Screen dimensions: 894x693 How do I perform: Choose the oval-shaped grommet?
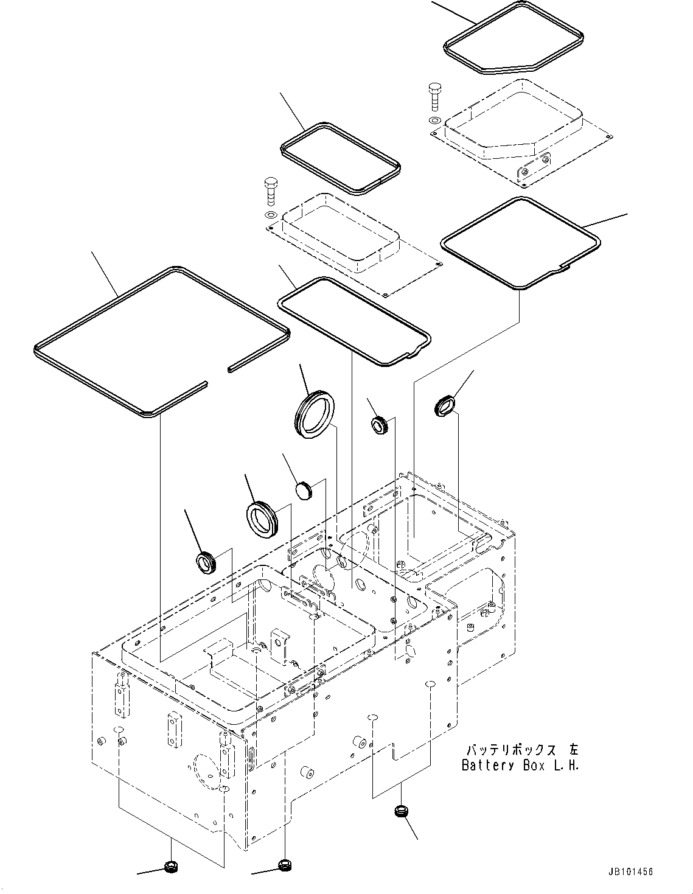coord(445,407)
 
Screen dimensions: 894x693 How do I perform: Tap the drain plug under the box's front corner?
coord(284,864)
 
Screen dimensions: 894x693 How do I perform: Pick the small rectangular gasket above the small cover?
coord(340,158)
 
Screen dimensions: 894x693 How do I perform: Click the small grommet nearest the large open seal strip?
coord(206,563)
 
